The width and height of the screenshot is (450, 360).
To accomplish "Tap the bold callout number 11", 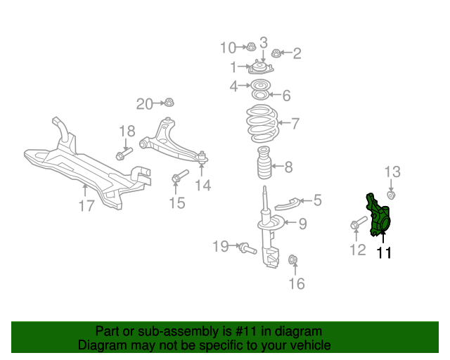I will pyautogui.click(x=384, y=252).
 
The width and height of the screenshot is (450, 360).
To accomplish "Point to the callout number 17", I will pyautogui.click(x=86, y=206).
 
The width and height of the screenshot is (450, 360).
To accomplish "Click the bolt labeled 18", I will pyautogui.click(x=124, y=153).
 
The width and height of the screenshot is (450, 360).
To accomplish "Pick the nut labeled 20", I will pyautogui.click(x=169, y=103).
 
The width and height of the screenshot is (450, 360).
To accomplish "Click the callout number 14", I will pyautogui.click(x=203, y=186).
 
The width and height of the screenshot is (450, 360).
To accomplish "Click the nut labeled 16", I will pyautogui.click(x=294, y=262).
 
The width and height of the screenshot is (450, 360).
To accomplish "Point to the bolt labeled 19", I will pyautogui.click(x=246, y=247).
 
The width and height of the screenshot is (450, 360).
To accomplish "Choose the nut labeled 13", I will pyautogui.click(x=392, y=195).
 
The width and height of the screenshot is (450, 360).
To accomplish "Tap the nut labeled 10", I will pyautogui.click(x=250, y=47).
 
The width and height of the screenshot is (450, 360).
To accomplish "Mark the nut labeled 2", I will pyautogui.click(x=276, y=52).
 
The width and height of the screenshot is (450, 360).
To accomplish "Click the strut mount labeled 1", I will pyautogui.click(x=259, y=69).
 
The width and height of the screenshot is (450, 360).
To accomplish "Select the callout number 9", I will pyautogui.click(x=302, y=224).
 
